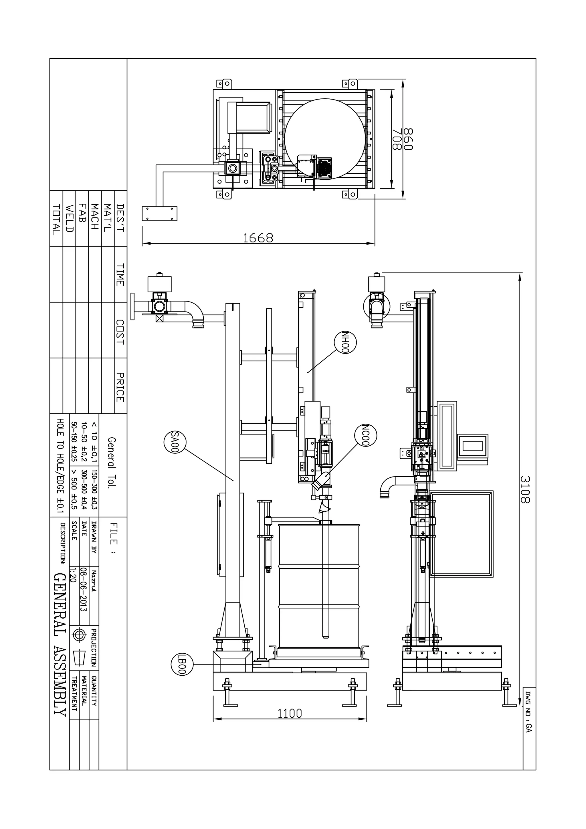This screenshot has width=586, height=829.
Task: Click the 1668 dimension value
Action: [258, 238]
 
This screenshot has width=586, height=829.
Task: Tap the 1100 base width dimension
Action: [290, 713]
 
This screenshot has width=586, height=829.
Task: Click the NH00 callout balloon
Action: [346, 342]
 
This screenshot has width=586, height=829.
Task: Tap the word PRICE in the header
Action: [120, 387]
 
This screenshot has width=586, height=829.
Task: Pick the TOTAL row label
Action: [56, 220]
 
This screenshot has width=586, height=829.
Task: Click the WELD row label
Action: [69, 219]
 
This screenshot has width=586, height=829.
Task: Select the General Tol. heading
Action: [112, 463]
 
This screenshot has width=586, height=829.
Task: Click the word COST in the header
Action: [120, 332]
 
